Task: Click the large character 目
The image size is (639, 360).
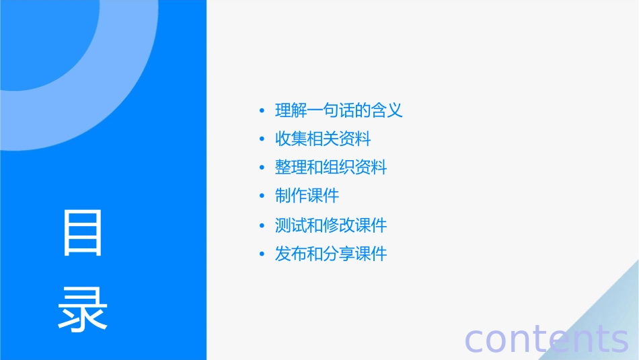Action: pyautogui.click(x=83, y=233)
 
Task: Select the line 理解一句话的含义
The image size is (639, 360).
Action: pyautogui.click(x=339, y=110)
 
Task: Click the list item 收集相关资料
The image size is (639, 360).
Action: pyautogui.click(x=323, y=139)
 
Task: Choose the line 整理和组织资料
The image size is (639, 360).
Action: pyautogui.click(x=331, y=168)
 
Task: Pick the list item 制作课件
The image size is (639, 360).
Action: pyautogui.click(x=307, y=196)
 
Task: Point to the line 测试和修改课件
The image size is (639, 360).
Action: pyautogui.click(x=331, y=225)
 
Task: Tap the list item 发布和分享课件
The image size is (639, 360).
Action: pyautogui.click(x=331, y=254)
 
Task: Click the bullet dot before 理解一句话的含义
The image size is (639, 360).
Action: pyautogui.click(x=262, y=111)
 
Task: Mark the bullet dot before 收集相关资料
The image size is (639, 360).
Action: pyautogui.click(x=262, y=140)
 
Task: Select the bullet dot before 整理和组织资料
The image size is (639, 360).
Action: pyautogui.click(x=262, y=168)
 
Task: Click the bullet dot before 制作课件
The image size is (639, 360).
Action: pyautogui.click(x=262, y=196)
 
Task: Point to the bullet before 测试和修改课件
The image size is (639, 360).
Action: pyautogui.click(x=262, y=225)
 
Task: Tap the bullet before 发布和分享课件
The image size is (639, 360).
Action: pyautogui.click(x=262, y=254)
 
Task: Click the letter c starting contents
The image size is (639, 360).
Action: pyautogui.click(x=475, y=340)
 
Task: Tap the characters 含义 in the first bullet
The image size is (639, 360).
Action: pyautogui.click(x=387, y=110)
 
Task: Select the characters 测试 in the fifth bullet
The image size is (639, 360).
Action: pyautogui.click(x=291, y=225)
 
